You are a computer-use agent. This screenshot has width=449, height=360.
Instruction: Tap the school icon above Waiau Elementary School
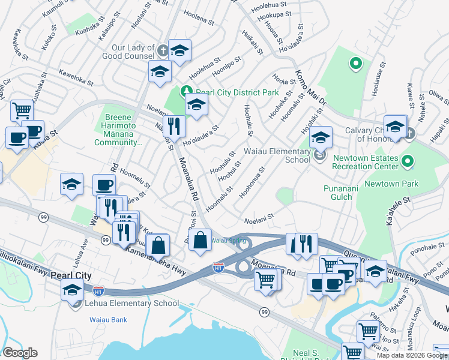pyautogui.click(x=321, y=137)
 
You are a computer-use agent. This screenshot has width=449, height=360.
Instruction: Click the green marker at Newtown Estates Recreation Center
pyautogui.click(x=408, y=161)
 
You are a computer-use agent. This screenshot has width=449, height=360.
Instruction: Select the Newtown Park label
pyautogui.click(x=391, y=184)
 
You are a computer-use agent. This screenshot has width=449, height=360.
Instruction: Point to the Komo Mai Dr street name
pyautogui.click(x=309, y=88)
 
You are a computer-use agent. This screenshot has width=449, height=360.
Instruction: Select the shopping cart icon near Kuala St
pyautogui.click(x=22, y=110)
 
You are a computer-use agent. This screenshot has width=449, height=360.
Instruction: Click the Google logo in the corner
pyautogui.click(x=20, y=353)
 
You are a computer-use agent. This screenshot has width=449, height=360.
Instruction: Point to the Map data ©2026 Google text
pyautogui.click(x=412, y=355)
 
